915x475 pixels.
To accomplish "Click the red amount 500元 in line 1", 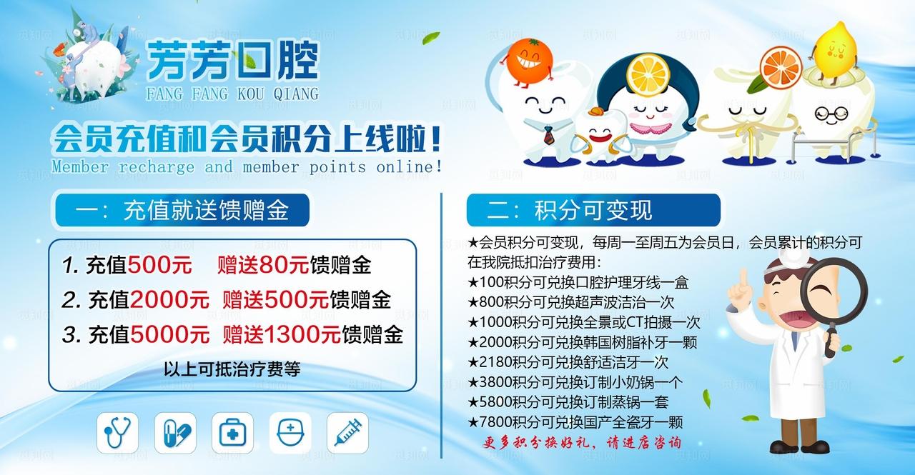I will tap(159, 266).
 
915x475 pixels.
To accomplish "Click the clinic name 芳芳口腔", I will tap(232, 61).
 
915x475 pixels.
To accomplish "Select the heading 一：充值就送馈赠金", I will tap(182, 211).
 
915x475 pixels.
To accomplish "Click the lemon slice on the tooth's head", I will tap(646, 72).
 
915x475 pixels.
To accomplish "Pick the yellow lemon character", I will tap(835, 50).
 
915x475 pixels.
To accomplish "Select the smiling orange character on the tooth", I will tap(530, 56).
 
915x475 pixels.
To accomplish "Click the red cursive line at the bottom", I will tap(580, 443).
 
